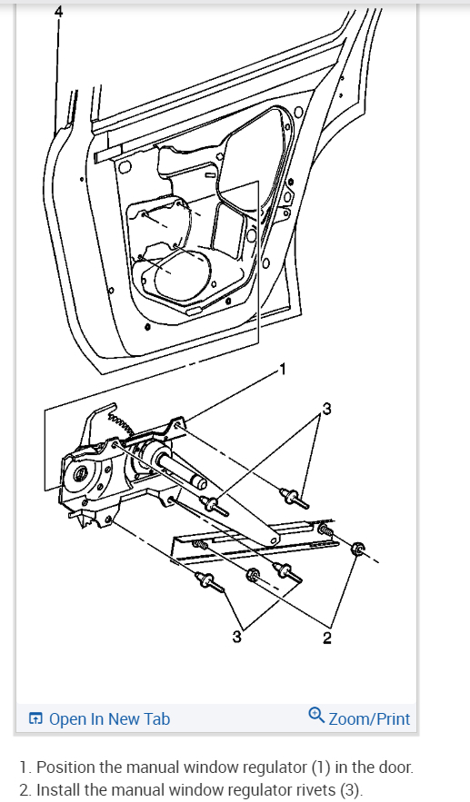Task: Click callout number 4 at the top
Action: [59, 12]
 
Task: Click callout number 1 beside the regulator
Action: [283, 369]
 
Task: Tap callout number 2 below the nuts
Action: [327, 639]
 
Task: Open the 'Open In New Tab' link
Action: [109, 718]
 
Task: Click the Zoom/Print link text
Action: [369, 718]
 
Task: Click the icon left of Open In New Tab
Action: [35, 719]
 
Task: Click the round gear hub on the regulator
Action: [81, 473]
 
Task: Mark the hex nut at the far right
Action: [359, 548]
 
